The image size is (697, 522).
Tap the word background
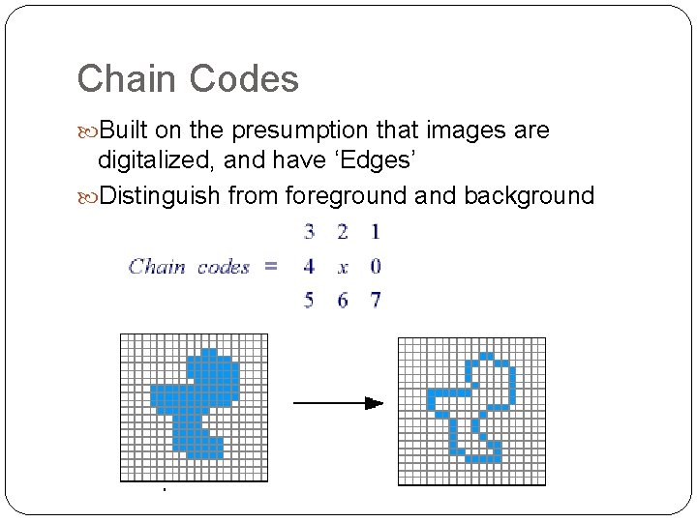(x=529, y=195)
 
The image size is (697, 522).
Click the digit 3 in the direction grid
(x=309, y=232)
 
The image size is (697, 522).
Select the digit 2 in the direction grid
(x=343, y=232)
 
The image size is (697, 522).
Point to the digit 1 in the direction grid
(x=376, y=232)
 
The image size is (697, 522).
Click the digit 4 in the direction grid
(x=309, y=267)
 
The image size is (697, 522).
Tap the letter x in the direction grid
(x=343, y=268)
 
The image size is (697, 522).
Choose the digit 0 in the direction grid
(x=376, y=267)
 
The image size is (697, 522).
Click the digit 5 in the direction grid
(x=309, y=301)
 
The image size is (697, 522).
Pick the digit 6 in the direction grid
(x=343, y=301)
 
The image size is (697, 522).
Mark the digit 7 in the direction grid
(x=376, y=301)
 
